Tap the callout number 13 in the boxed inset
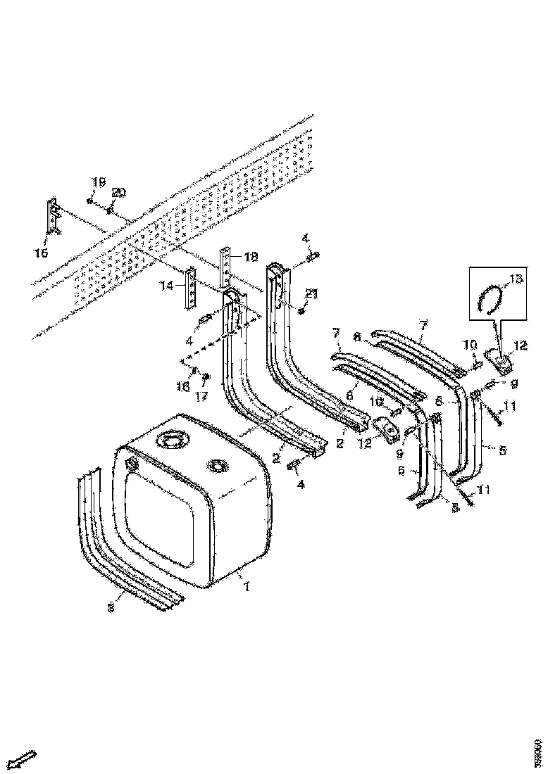pyautogui.click(x=517, y=279)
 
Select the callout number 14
pyautogui.click(x=167, y=285)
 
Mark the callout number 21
pyautogui.click(x=311, y=293)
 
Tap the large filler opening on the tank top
pyautogui.click(x=173, y=442)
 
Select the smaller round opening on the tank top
pyautogui.click(x=217, y=465)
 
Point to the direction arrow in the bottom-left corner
pyautogui.click(x=24, y=759)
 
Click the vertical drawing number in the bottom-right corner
pyautogui.click(x=539, y=752)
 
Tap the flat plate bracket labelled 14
pyautogui.click(x=190, y=288)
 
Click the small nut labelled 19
pyautogui.click(x=92, y=201)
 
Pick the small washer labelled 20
pyautogui.click(x=111, y=209)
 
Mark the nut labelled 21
pyautogui.click(x=301, y=310)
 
